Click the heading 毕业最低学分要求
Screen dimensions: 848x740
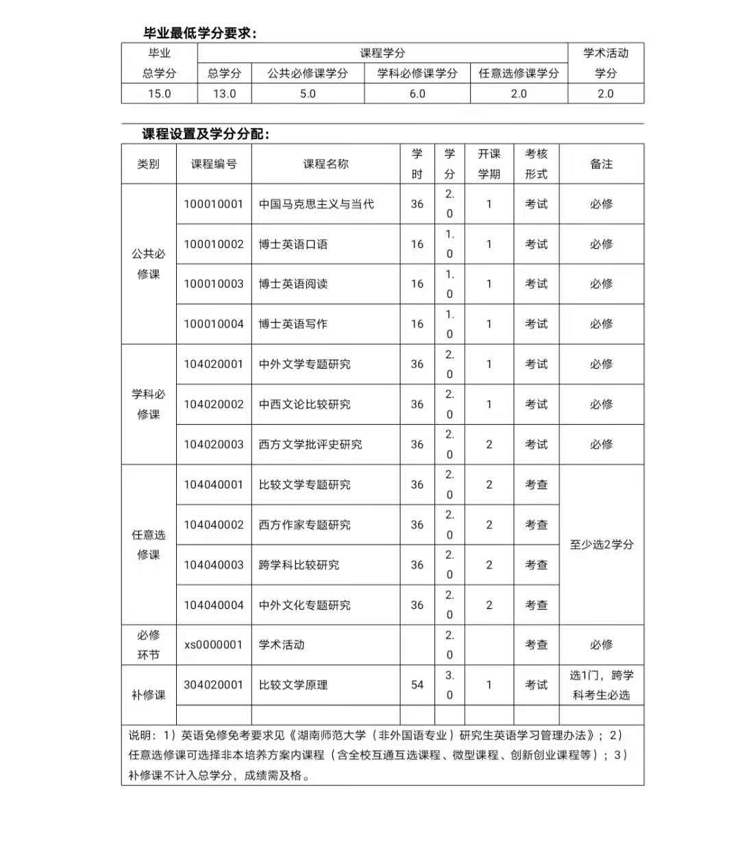(199, 33)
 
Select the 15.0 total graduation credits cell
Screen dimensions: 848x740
(160, 94)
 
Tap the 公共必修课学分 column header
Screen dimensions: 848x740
(308, 73)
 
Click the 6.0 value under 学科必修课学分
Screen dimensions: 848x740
(417, 94)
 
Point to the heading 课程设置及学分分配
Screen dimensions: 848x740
(206, 134)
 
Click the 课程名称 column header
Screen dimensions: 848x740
(325, 164)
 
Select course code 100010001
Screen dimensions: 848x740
(214, 204)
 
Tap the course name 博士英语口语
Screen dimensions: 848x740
(293, 245)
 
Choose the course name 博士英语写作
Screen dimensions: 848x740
(293, 324)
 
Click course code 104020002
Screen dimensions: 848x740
(214, 404)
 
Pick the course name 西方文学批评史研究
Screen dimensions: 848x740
(310, 445)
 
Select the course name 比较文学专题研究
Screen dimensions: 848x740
(305, 485)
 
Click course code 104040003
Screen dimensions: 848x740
(214, 565)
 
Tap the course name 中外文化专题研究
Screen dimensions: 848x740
(305, 605)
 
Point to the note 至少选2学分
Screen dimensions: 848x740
(602, 545)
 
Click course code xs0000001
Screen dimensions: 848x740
(214, 645)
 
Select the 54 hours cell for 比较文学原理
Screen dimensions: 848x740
(417, 685)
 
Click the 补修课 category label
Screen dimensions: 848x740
(149, 695)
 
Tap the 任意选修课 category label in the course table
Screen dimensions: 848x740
(149, 545)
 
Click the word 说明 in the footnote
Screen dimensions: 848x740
(140, 735)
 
